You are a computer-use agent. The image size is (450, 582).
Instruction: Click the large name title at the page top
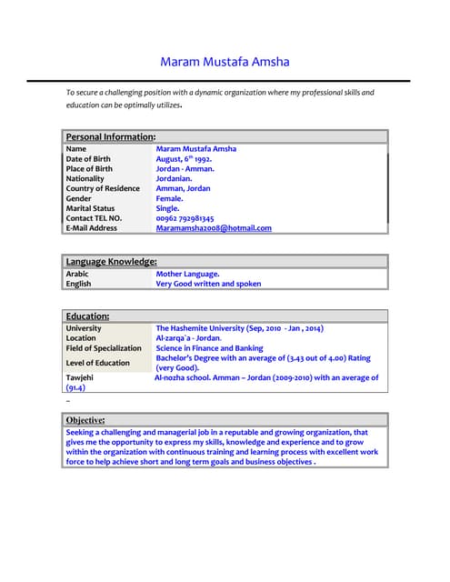(x=225, y=63)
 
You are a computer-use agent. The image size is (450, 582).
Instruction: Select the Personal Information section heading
(x=110, y=136)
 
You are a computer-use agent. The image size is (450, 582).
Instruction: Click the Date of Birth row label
(x=88, y=158)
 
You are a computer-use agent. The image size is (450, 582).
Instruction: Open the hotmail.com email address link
(x=214, y=228)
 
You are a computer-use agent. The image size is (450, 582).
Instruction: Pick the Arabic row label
(x=77, y=273)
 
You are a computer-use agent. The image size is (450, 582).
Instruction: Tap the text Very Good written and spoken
(x=208, y=284)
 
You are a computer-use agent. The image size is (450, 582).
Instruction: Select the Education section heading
(x=87, y=316)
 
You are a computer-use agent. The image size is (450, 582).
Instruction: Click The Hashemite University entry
(x=239, y=328)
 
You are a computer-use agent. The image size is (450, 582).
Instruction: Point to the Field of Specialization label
(x=104, y=348)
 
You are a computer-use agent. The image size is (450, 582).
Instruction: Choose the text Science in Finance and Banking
(x=209, y=348)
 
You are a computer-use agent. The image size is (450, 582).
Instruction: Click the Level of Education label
(x=97, y=363)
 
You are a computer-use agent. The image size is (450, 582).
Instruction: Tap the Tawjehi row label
(x=79, y=377)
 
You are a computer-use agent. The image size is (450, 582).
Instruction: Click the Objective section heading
(x=85, y=420)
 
